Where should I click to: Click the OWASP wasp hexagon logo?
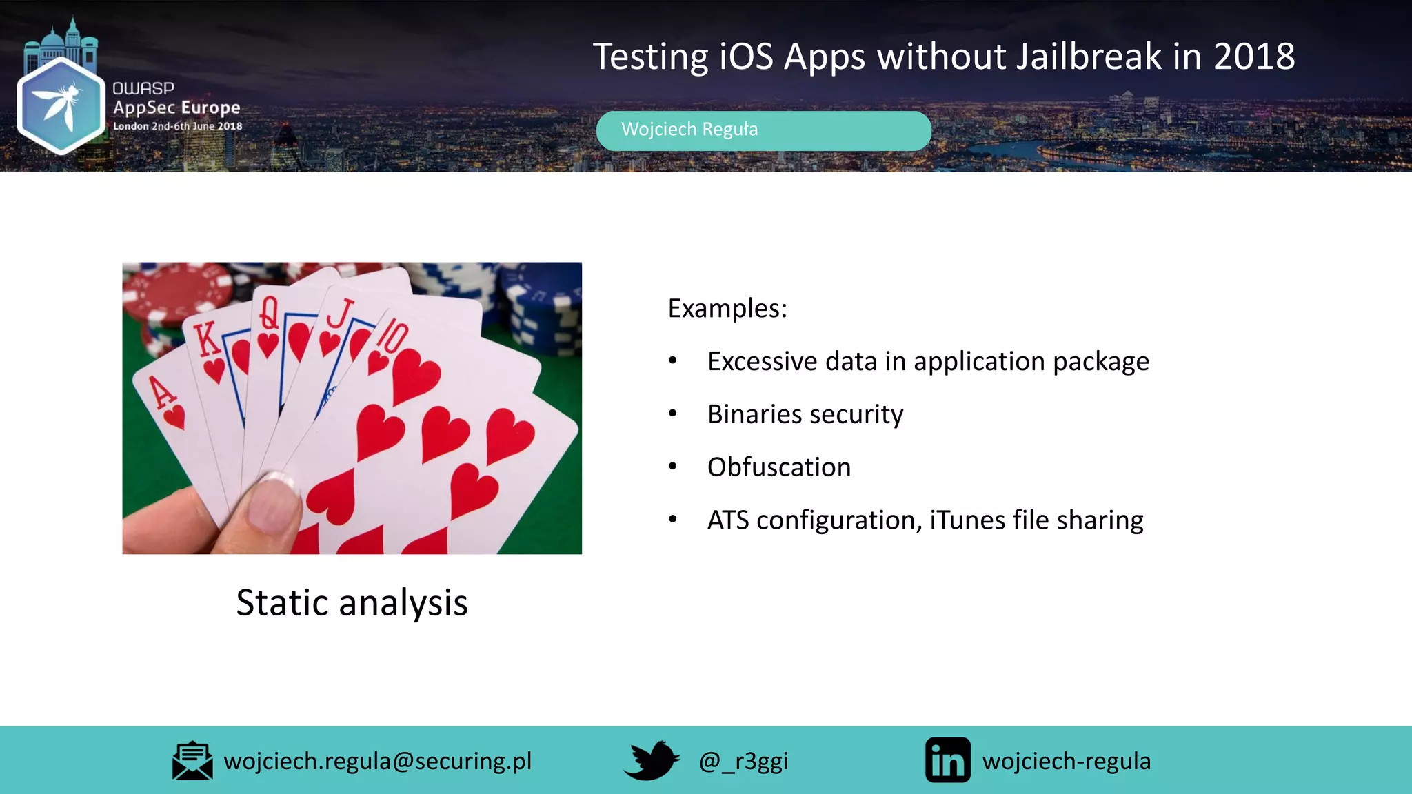point(61,105)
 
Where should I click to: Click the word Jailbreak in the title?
point(1089,57)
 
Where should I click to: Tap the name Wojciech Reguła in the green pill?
point(689,130)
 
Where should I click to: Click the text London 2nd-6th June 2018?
point(177,126)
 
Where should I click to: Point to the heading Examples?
point(727,308)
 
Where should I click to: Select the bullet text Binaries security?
point(805,414)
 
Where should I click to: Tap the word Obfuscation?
point(778,467)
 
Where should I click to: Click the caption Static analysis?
point(352,602)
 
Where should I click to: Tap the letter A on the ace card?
point(163,392)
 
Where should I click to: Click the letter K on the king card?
point(206,338)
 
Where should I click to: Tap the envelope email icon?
point(192,761)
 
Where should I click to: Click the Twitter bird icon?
point(651,760)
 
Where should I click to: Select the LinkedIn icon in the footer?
point(947,760)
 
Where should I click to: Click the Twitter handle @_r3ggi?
point(743,761)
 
